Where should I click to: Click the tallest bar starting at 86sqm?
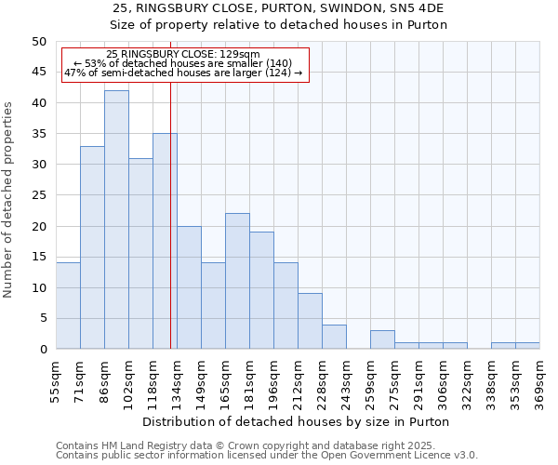coord(116,219)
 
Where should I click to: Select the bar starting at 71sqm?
coord(92,247)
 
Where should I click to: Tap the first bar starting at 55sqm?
coord(68,306)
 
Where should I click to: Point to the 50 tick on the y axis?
coord(38,42)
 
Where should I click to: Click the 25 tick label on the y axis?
coord(38,195)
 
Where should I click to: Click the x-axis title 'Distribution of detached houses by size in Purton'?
coord(297,421)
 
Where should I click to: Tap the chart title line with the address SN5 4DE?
coord(279,8)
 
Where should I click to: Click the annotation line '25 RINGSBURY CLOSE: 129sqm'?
coord(183,55)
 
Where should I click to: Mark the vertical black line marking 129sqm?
coord(170,232)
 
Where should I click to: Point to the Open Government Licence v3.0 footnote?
coord(267,455)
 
